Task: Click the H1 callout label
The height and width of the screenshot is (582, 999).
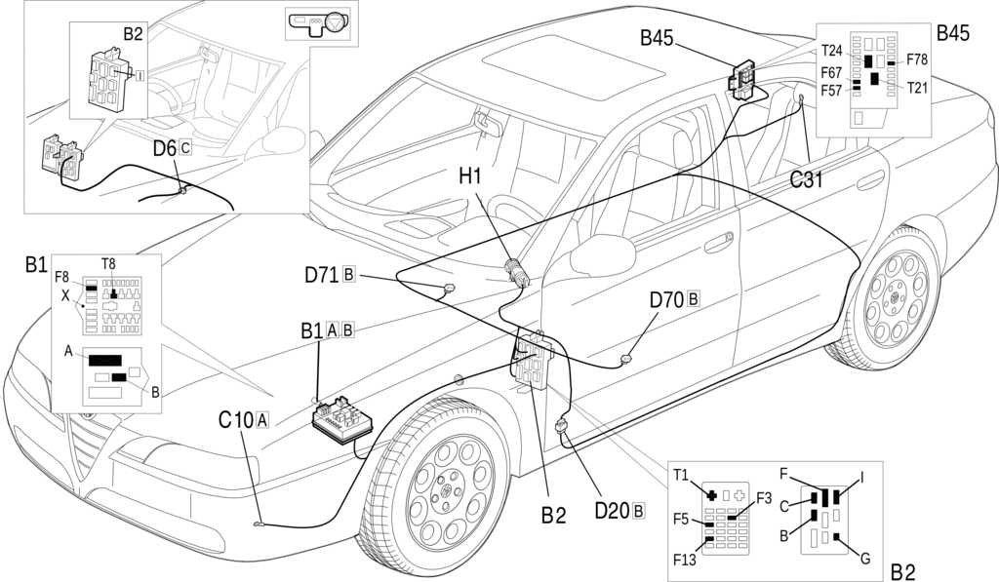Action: [x=471, y=175]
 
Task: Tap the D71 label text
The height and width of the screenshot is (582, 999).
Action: [x=322, y=275]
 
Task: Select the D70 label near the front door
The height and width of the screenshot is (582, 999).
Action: [x=666, y=299]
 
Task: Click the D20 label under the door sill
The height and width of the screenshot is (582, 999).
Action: [x=612, y=511]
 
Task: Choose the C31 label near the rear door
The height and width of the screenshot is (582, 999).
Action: [x=807, y=180]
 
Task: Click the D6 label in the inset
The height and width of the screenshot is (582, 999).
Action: [x=164, y=148]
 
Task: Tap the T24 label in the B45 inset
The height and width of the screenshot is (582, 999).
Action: [x=831, y=51]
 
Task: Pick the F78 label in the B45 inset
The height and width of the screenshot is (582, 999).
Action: [x=917, y=59]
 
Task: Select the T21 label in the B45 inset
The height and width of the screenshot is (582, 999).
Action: [x=917, y=88]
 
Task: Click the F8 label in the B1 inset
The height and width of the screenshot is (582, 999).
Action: [x=61, y=277]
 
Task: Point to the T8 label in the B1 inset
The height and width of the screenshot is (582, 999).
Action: [x=108, y=263]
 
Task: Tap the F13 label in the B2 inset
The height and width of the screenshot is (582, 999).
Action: [x=685, y=560]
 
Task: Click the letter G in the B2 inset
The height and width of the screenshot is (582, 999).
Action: [x=864, y=559]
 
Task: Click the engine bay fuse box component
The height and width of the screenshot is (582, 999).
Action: [x=341, y=421]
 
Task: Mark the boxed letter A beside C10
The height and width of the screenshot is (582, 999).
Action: [x=261, y=420]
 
